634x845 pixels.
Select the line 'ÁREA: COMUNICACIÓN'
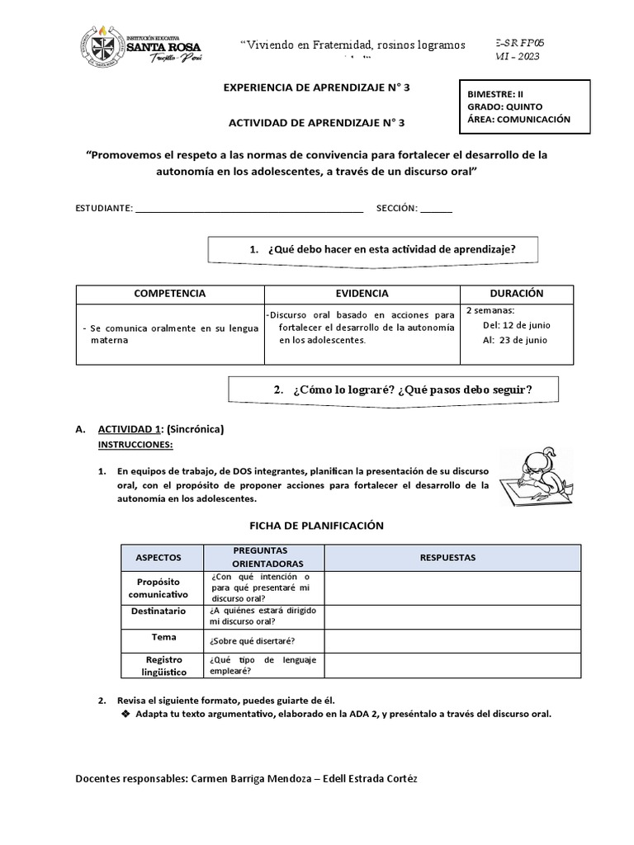click(518, 119)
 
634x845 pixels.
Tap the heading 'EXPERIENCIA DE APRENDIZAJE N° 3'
click(316, 87)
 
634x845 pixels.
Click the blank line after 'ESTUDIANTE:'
click(248, 209)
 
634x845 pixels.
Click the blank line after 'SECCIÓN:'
click(436, 209)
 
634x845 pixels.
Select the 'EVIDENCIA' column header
click(362, 294)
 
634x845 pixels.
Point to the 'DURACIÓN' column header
click(516, 294)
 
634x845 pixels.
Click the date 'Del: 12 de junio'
click(516, 325)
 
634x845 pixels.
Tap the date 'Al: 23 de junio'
click(516, 340)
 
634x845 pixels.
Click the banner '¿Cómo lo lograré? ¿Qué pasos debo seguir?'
click(392, 389)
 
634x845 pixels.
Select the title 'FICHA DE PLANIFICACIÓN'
click(316, 526)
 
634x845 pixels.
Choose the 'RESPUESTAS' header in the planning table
click(447, 558)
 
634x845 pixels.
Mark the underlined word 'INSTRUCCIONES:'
click(136, 445)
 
